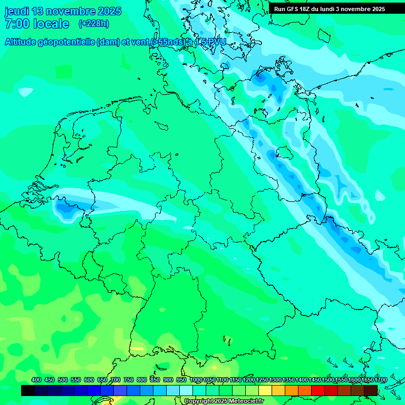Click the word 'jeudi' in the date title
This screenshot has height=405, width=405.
[x=17, y=11]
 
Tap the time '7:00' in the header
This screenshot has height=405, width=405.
[x=16, y=24]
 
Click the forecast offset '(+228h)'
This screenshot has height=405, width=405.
[x=93, y=24]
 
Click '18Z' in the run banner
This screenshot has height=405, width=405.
[x=306, y=9]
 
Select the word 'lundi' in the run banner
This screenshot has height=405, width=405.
[x=332, y=9]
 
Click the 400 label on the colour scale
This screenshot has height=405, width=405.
[x=36, y=380]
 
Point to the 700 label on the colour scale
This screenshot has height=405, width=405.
[x=115, y=380]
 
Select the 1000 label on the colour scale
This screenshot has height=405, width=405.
[x=196, y=380]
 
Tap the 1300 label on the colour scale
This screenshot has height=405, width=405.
[x=275, y=380]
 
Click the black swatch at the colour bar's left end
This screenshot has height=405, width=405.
[x=28, y=390]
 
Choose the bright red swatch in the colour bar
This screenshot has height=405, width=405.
[x=318, y=390]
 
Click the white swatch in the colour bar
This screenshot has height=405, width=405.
[x=186, y=390]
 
